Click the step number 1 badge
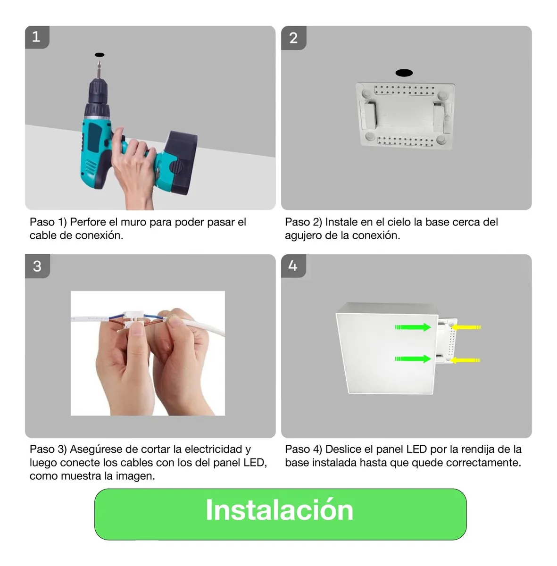pyautogui.click(x=37, y=37)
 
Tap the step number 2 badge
pyautogui.click(x=293, y=38)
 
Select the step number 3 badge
pyautogui.click(x=37, y=266)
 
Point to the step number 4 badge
pyautogui.click(x=293, y=266)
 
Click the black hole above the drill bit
pyautogui.click(x=100, y=55)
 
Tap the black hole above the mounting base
pyautogui.click(x=404, y=73)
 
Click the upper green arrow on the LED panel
pyautogui.click(x=413, y=327)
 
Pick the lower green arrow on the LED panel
pyautogui.click(x=413, y=358)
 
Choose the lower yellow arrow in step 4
pyautogui.click(x=465, y=360)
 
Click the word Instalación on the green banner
pyautogui.click(x=279, y=510)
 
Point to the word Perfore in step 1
pyautogui.click(x=88, y=222)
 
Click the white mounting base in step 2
pyautogui.click(x=406, y=116)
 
